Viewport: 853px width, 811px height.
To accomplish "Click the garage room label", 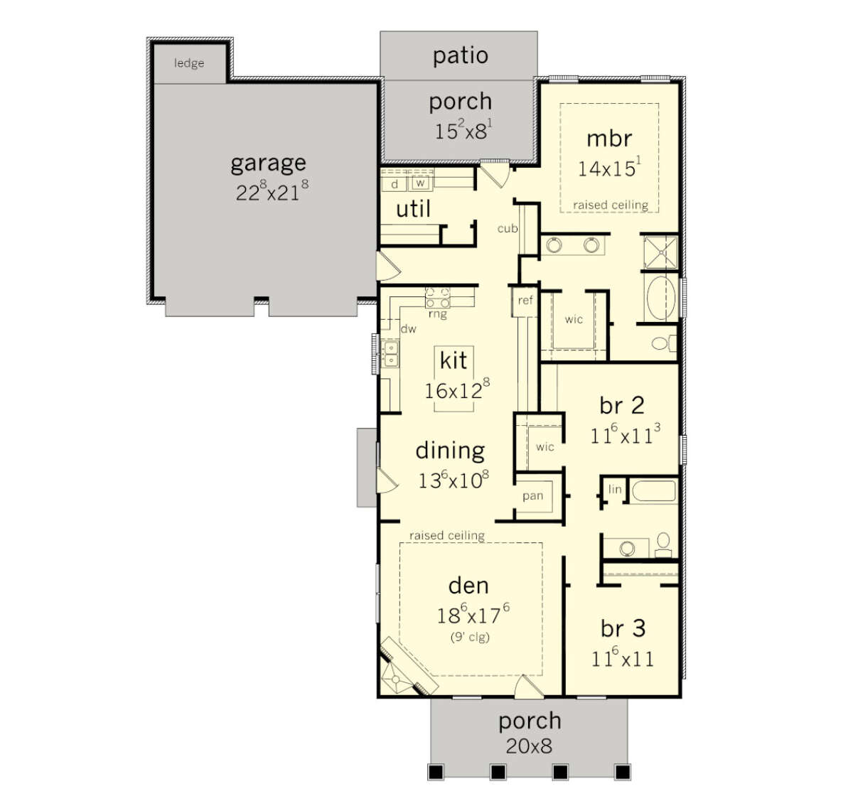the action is pyautogui.click(x=268, y=164).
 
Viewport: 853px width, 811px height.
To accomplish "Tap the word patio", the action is pyautogui.click(x=461, y=56).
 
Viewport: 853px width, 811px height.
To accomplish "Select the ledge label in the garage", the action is pyautogui.click(x=189, y=63).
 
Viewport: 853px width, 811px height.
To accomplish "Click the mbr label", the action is pyautogui.click(x=609, y=139).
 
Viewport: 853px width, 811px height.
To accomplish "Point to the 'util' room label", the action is pyautogui.click(x=413, y=209).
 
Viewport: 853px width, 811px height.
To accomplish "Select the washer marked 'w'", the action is pyautogui.click(x=420, y=183).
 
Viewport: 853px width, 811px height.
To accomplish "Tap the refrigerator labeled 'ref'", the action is pyautogui.click(x=525, y=300).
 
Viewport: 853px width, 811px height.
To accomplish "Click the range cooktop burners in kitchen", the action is pyautogui.click(x=437, y=298).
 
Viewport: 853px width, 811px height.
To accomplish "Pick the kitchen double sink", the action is pyautogui.click(x=391, y=354).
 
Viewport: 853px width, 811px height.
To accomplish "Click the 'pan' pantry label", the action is pyautogui.click(x=533, y=496).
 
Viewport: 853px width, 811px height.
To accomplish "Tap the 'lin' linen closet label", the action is pyautogui.click(x=615, y=490).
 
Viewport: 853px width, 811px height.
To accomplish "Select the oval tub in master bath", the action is pyautogui.click(x=661, y=298).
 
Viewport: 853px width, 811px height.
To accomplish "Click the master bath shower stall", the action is pyautogui.click(x=660, y=252).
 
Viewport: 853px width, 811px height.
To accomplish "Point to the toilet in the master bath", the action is pyautogui.click(x=664, y=343).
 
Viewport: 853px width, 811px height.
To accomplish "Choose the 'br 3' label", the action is pyautogui.click(x=623, y=628).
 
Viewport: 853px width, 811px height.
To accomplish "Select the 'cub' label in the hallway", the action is pyautogui.click(x=508, y=229).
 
